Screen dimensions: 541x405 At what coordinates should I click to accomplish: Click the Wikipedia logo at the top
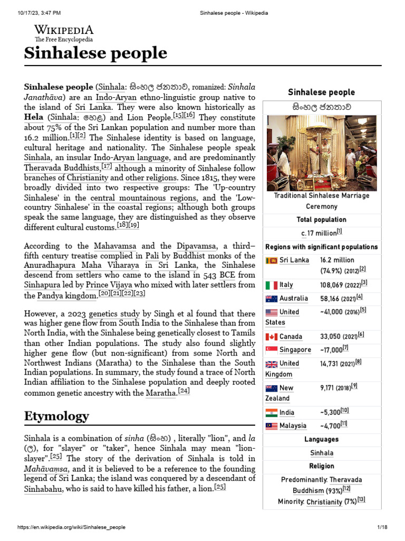64,33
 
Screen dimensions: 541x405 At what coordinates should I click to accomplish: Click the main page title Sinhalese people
95,53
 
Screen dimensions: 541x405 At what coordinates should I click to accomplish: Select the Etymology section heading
56,416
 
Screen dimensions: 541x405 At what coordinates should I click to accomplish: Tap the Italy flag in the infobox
271,285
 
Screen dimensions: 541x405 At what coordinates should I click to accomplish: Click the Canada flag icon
271,337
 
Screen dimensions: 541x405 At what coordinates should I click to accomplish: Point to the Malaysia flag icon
271,426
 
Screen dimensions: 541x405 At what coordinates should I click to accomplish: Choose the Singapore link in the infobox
295,350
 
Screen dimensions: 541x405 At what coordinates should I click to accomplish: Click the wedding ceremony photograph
321,153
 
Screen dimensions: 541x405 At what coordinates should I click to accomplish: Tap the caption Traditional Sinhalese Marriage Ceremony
322,201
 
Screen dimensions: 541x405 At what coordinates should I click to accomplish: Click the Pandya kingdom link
68,296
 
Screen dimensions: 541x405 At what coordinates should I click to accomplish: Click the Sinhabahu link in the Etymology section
43,489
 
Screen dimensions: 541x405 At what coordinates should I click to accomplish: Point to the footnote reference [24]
184,391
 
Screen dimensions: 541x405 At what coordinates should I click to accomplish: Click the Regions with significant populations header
321,247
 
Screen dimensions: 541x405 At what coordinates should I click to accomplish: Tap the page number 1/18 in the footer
382,527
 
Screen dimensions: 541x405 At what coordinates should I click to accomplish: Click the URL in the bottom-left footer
72,527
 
